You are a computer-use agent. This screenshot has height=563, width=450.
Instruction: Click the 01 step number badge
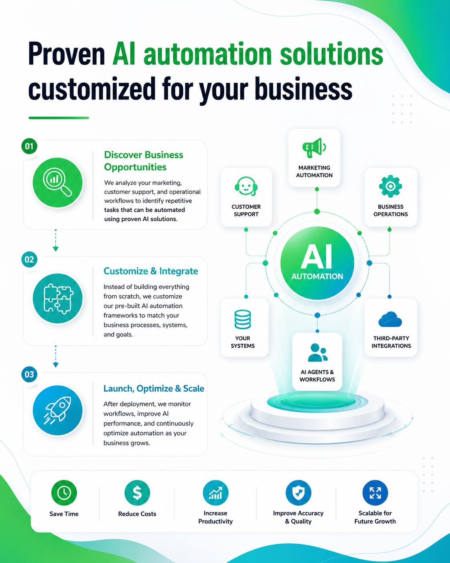click(x=29, y=146)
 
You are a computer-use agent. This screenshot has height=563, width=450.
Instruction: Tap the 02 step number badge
click(x=29, y=259)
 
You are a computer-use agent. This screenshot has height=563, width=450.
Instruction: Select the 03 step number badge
click(x=29, y=374)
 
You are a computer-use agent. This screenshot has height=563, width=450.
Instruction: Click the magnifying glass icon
click(x=57, y=182)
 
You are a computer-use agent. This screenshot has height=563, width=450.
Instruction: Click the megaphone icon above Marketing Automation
click(x=314, y=148)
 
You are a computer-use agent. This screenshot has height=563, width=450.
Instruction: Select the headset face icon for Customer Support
click(x=246, y=186)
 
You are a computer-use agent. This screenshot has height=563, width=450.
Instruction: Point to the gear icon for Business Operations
click(x=390, y=186)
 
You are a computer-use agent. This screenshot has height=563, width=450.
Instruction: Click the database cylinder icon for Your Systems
click(x=243, y=319)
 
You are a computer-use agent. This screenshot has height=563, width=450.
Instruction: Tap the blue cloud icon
click(x=390, y=319)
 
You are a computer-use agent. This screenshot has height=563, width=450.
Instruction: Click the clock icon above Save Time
click(x=64, y=493)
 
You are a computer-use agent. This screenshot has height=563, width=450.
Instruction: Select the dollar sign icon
click(x=137, y=493)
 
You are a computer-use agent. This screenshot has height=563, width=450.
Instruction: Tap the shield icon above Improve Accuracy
click(x=298, y=493)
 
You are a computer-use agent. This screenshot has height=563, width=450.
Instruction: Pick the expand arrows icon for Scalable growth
click(x=375, y=493)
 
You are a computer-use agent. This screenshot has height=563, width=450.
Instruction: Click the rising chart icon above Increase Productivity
click(x=216, y=493)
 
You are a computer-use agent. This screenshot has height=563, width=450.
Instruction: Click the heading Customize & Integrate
click(x=151, y=271)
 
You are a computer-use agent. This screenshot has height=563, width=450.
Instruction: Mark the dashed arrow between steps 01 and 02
click(x=56, y=241)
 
